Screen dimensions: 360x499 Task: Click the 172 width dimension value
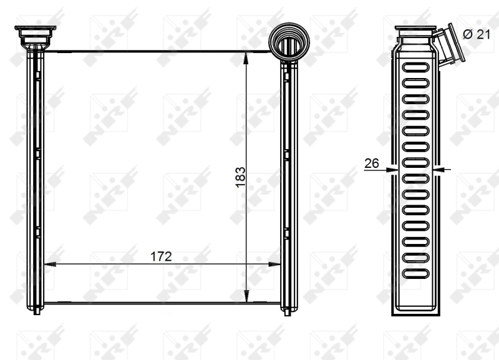[x=161, y=256]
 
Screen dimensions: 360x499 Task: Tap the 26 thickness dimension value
[x=372, y=163]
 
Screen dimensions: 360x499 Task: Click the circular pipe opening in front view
[x=288, y=46]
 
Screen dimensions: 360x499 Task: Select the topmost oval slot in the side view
[x=415, y=67]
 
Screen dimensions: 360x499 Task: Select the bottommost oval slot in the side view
[x=415, y=273]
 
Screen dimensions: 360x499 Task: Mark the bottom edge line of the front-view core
[x=161, y=303]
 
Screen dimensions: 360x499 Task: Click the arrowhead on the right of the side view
[x=442, y=169]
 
